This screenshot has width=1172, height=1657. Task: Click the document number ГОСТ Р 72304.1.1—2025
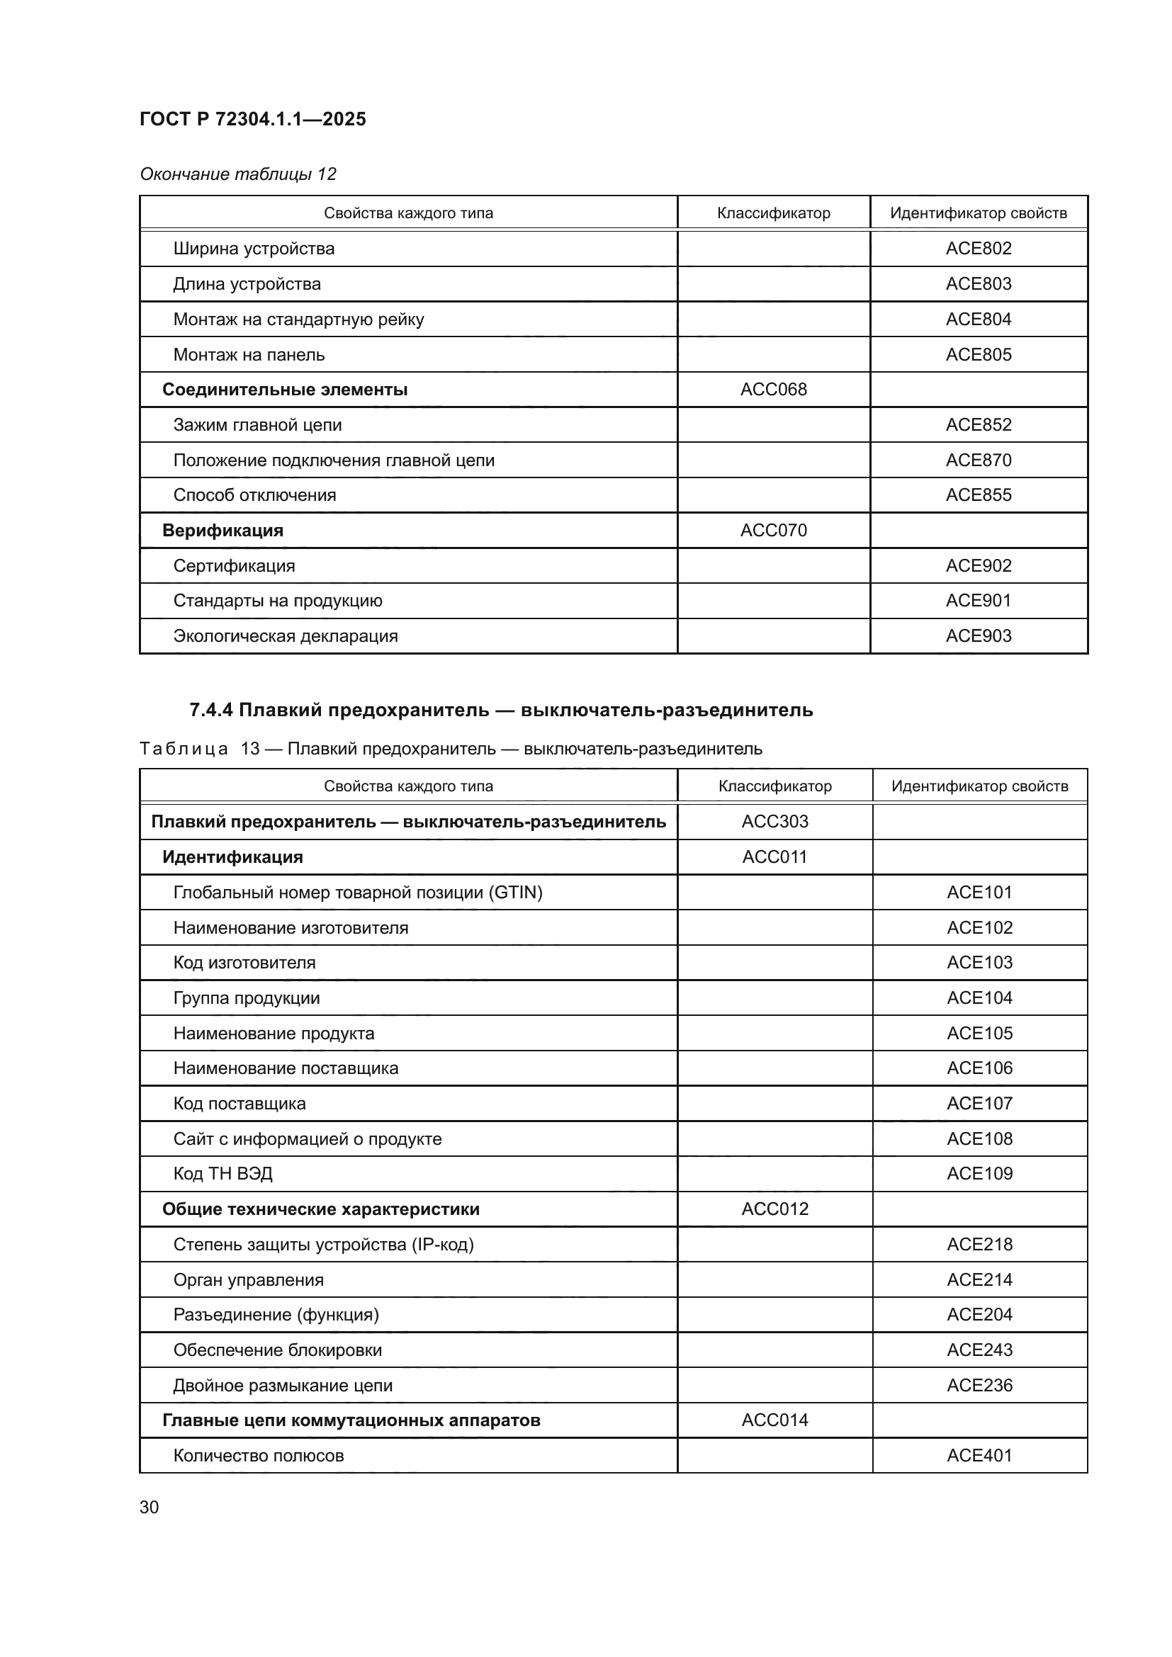252,119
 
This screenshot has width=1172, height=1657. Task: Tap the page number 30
150,1507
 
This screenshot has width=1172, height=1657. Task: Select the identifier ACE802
978,248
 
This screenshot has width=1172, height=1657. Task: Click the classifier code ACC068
773,390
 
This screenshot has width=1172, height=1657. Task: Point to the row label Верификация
222,531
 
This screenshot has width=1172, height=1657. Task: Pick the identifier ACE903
978,635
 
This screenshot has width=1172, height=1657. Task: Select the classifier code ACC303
774,821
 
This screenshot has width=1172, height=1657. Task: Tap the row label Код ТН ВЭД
222,1173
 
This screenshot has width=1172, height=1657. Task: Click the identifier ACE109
979,1173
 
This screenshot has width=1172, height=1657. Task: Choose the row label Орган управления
248,1279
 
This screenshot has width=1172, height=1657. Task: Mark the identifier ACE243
979,1350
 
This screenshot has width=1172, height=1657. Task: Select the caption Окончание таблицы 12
237,174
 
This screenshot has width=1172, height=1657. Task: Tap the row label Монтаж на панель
248,354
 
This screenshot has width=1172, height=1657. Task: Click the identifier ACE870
978,460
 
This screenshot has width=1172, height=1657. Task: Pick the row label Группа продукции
246,998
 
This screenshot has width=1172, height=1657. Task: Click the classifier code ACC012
774,1209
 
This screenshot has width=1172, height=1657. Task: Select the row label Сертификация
234,566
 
